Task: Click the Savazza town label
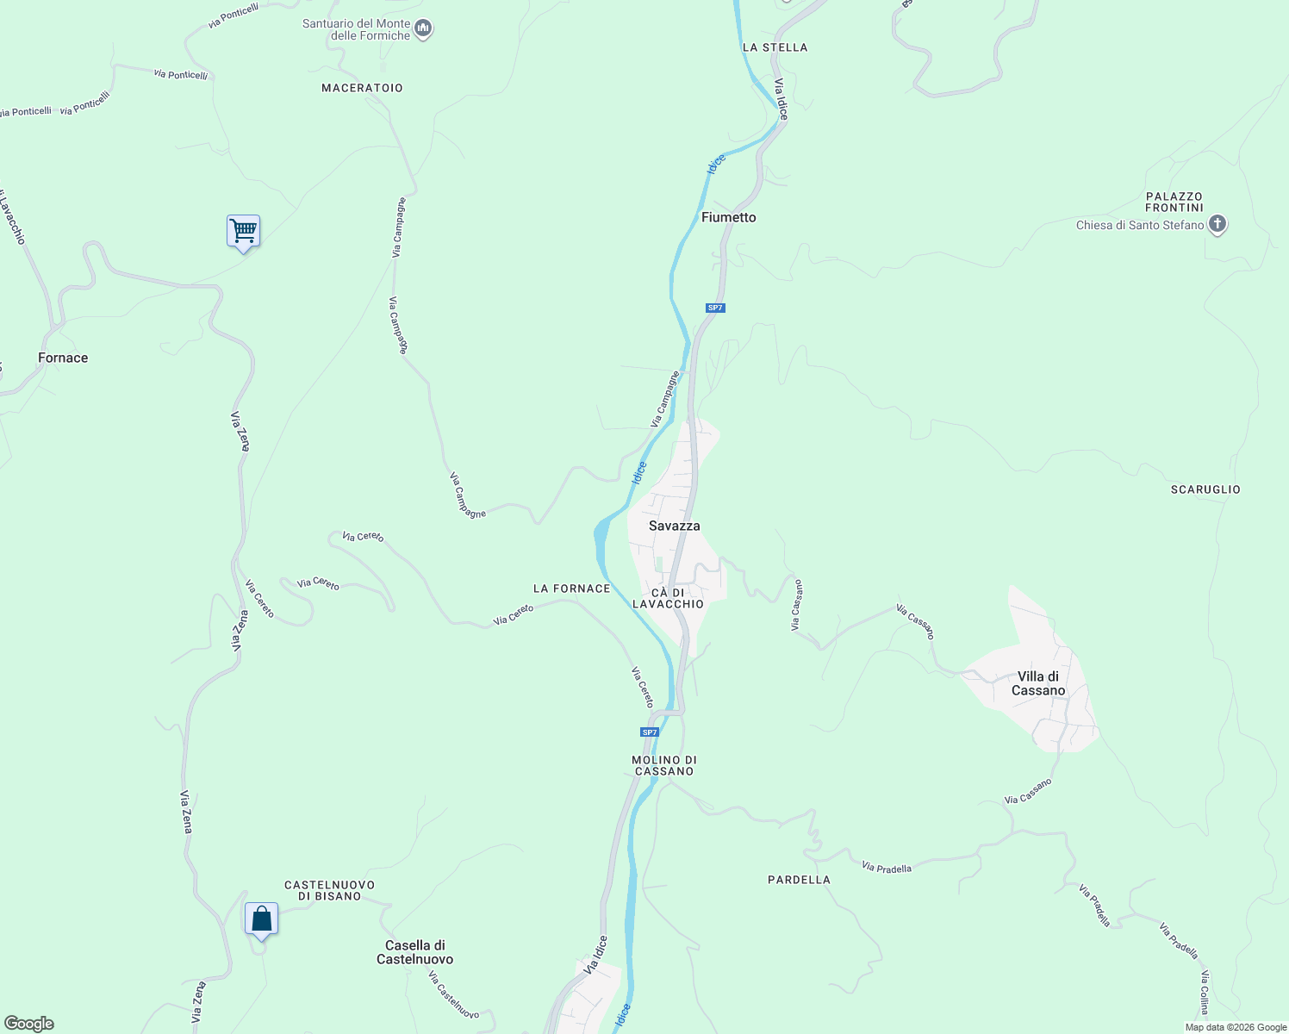coord(674,526)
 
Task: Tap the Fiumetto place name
coord(728,217)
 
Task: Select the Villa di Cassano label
coord(1038,683)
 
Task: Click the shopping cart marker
coord(244,231)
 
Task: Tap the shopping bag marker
coord(261,919)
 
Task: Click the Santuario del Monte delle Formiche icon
coord(423,29)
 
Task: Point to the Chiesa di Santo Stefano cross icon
coord(1217,225)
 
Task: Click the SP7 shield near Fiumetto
coord(715,308)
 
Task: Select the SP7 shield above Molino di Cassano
coord(650,732)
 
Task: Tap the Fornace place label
coord(63,358)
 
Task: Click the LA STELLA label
coord(775,47)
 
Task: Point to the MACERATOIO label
coord(362,88)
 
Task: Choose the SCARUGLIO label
coord(1205,489)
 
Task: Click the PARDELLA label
coord(799,880)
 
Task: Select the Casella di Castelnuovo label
coord(414,952)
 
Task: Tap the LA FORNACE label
coord(571,589)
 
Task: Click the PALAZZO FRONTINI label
coord(1174,202)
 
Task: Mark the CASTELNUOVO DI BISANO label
coord(329,890)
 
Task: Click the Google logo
coord(29,1024)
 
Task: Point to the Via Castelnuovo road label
coord(453,995)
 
